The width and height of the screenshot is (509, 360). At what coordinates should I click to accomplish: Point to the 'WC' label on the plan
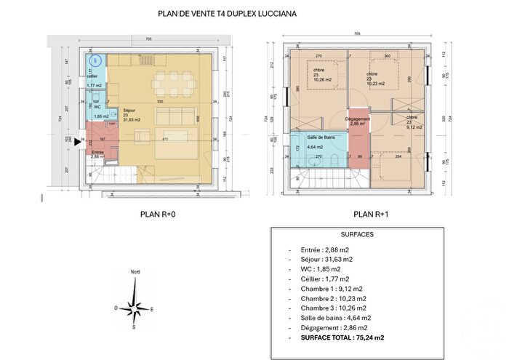[x=97, y=108]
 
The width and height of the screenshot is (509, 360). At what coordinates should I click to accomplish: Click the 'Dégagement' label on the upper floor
[x=358, y=119]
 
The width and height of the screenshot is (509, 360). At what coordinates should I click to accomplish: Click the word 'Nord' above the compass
[x=135, y=271]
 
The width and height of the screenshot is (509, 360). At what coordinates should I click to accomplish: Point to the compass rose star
[x=134, y=309]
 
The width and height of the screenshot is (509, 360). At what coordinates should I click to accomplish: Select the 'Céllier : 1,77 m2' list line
[x=320, y=279]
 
